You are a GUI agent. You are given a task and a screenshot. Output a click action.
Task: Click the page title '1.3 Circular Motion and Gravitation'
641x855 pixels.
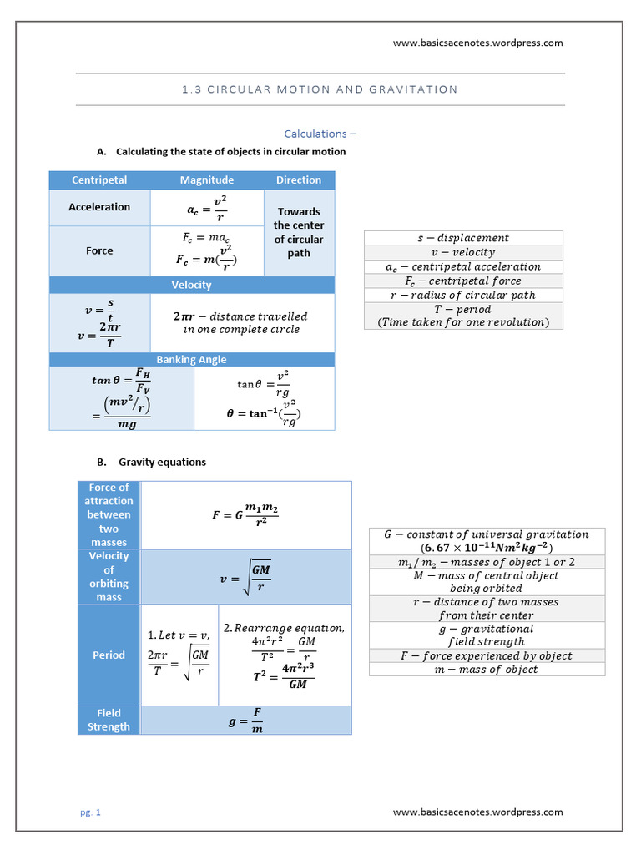pos(320,89)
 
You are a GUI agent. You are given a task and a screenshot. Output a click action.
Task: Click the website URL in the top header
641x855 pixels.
pos(477,43)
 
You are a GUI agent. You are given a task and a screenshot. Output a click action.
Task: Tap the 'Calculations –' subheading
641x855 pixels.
pos(320,134)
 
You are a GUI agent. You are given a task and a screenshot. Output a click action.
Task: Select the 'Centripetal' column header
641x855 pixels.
pos(99,180)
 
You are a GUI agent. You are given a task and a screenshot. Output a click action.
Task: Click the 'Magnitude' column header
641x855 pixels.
pos(207,180)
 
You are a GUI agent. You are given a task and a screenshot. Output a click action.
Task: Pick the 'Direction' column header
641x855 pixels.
pos(299,180)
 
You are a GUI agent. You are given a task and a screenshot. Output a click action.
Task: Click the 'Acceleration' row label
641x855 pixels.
pos(99,207)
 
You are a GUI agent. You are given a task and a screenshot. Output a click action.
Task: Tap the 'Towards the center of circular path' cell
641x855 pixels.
pos(299,232)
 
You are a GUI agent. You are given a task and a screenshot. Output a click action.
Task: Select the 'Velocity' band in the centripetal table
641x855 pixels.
pos(191,285)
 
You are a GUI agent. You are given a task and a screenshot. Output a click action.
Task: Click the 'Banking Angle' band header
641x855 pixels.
pos(191,360)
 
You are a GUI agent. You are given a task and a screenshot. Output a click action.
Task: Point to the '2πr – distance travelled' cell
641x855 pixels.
pos(240,322)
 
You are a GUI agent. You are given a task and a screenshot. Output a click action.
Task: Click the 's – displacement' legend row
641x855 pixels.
pos(463,238)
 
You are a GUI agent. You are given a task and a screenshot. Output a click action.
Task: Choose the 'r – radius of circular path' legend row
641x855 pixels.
pos(463,295)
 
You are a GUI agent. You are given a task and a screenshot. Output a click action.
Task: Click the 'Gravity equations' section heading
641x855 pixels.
pos(162,462)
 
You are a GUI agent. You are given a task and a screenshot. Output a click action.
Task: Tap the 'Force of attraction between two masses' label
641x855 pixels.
pos(109,514)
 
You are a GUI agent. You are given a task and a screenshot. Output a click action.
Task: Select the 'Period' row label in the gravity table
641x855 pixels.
pos(109,655)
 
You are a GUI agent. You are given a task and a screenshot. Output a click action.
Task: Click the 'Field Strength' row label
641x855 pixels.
pos(109,720)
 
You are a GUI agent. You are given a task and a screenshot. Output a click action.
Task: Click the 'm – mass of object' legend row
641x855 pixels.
pos(487,669)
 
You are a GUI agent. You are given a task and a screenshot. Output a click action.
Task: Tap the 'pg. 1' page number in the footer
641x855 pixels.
pos(90,812)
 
